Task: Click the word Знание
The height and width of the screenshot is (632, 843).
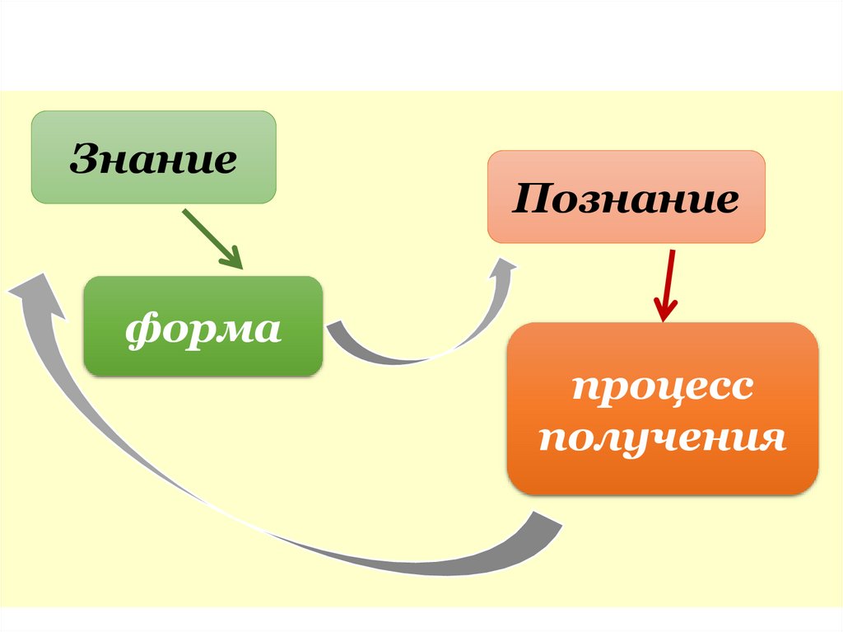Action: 153,158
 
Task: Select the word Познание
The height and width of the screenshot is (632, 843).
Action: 626,199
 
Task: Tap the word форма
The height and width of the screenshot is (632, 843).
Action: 203,328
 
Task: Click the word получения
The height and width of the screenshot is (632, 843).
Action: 663,438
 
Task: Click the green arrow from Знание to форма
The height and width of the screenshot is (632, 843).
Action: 210,237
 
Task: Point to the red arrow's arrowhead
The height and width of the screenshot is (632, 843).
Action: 665,311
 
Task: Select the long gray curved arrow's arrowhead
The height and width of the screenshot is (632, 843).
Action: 33,288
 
